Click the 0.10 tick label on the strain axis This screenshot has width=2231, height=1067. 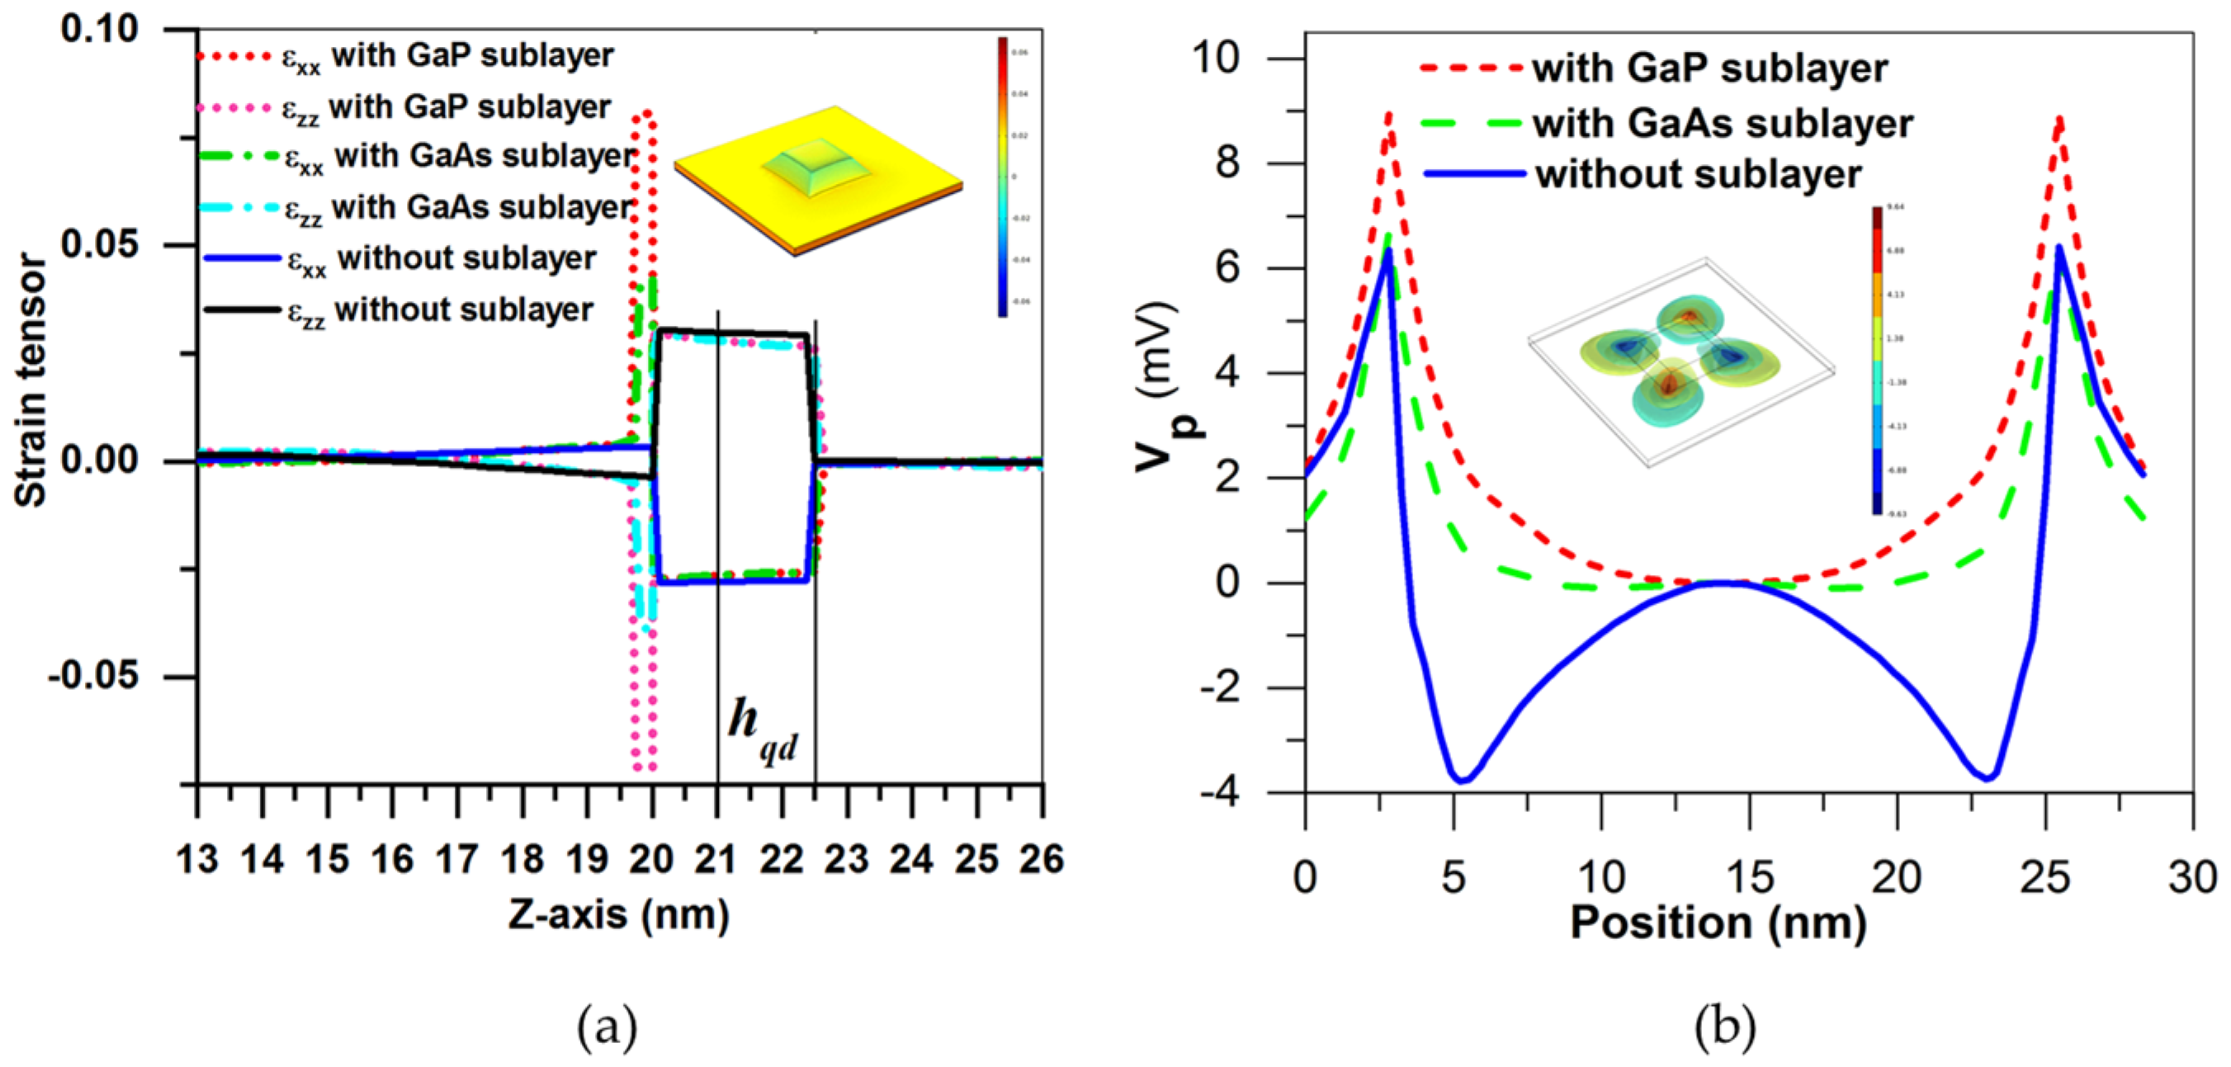click(100, 29)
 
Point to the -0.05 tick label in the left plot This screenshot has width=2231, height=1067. click(92, 676)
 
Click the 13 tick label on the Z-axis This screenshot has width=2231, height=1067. click(197, 860)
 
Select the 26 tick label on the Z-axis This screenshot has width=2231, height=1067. click(1041, 860)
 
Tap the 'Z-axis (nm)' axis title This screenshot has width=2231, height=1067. click(618, 914)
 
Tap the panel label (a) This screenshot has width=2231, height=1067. click(607, 1027)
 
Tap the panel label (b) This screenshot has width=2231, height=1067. click(1724, 1027)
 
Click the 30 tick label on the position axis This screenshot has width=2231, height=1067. click(2192, 877)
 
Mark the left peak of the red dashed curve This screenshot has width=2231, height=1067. click(1388, 115)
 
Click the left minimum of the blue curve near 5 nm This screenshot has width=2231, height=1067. click(1462, 781)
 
